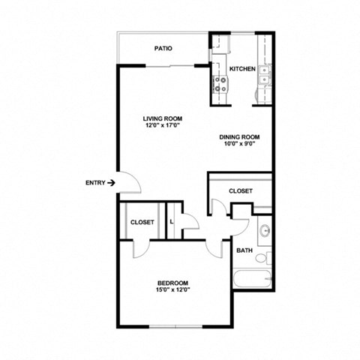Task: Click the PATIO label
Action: point(163,48)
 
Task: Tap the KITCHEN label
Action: point(242,68)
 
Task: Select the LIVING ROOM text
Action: point(163,118)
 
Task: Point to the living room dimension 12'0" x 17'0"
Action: point(163,125)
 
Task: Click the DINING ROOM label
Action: point(239,136)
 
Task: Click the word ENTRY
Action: point(95,182)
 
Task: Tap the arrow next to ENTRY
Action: point(111,182)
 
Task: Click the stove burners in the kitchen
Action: point(221,85)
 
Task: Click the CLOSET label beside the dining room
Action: point(240,190)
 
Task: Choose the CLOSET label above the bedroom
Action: point(142,222)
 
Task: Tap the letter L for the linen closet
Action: point(172,221)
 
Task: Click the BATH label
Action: point(244,250)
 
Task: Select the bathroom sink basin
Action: point(264,230)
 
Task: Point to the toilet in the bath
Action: point(262,259)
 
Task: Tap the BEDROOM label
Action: point(172,283)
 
